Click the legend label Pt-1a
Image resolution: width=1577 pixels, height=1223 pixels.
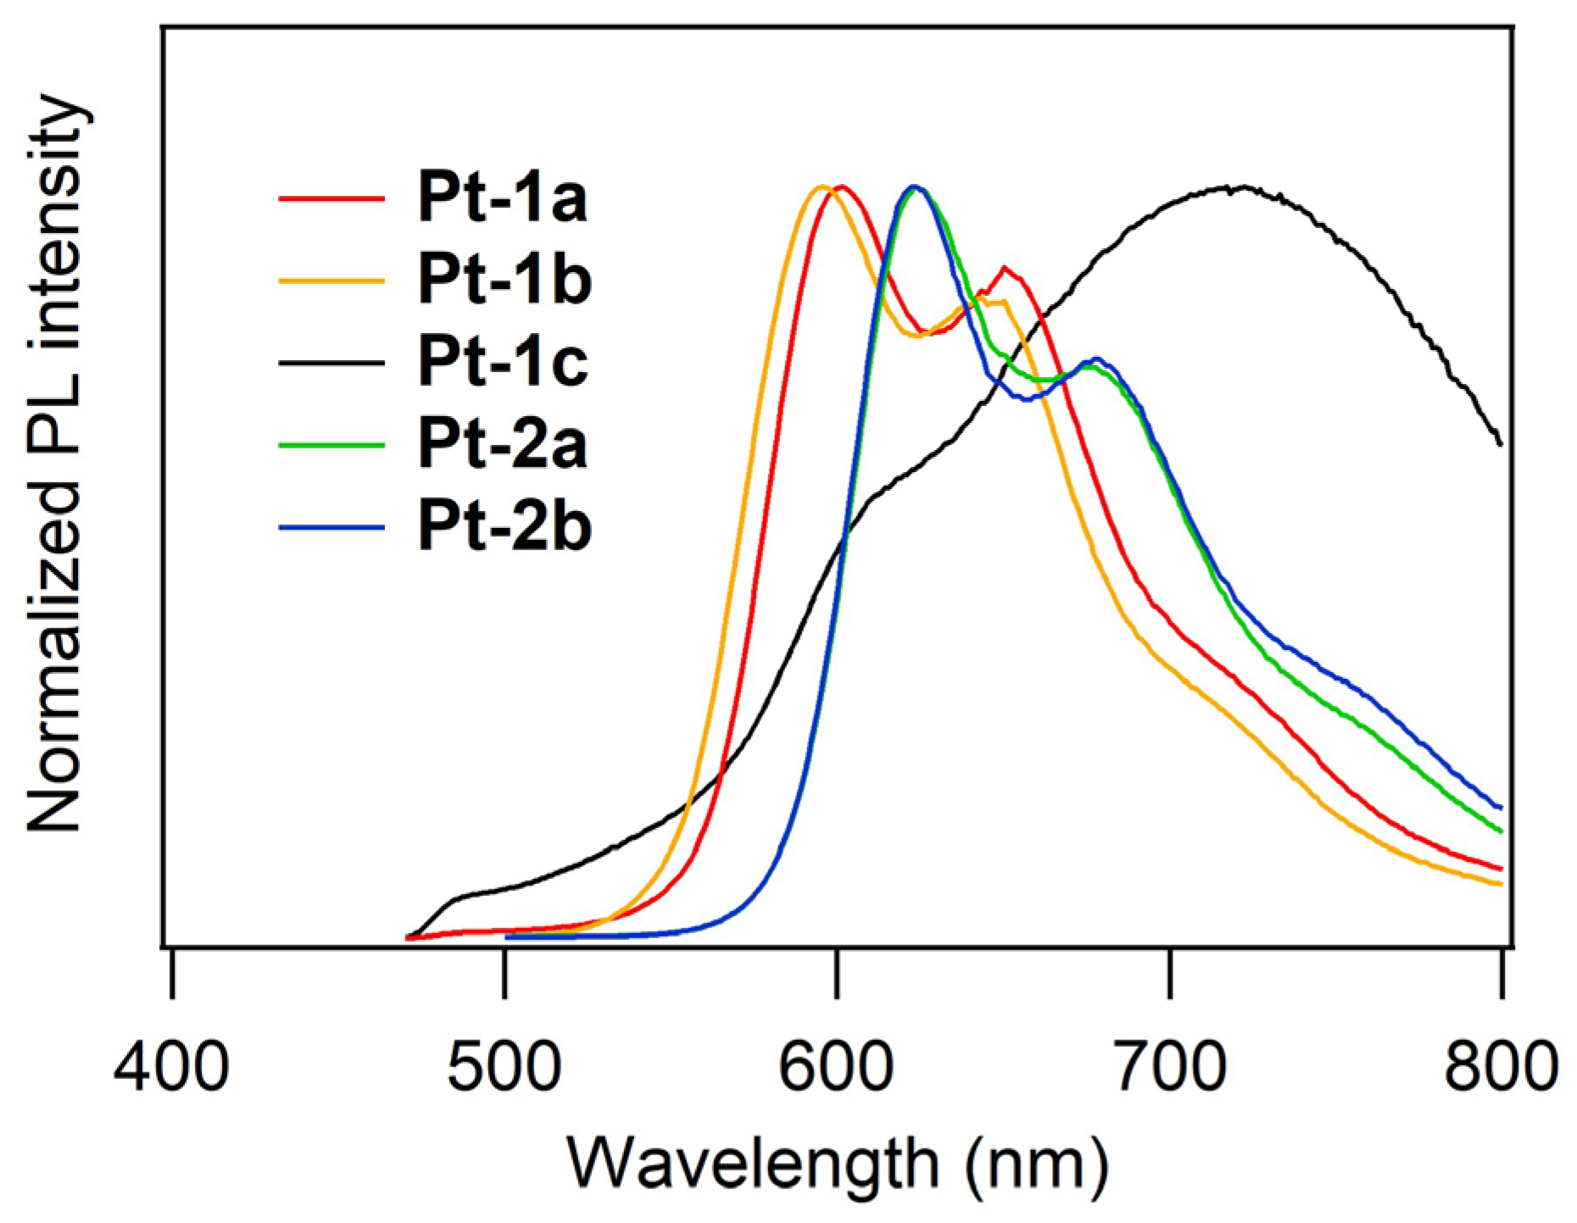pos(502,197)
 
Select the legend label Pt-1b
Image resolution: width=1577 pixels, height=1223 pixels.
pos(504,280)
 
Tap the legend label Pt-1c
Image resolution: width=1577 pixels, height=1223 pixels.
pos(502,362)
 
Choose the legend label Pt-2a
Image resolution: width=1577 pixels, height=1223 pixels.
pos(502,445)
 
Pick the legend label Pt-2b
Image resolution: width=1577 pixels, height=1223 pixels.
pos(504,527)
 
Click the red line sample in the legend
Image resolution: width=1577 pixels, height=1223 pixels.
pos(332,198)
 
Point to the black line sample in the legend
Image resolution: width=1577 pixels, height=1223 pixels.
pos(332,363)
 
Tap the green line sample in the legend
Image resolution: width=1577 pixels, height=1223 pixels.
pos(332,445)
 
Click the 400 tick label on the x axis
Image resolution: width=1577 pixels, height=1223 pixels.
pos(171,1066)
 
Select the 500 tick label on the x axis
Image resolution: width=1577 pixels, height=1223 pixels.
pos(504,1066)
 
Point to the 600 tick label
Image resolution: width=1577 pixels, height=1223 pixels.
pos(836,1066)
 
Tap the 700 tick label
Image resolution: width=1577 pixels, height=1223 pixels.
pos(1169,1066)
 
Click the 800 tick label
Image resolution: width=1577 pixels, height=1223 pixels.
pos(1501,1066)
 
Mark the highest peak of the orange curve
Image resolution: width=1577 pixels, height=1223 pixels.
pos(821,186)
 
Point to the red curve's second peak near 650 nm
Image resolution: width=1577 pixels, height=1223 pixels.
pos(1005,269)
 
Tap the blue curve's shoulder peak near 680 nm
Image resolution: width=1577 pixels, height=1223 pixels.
pos(1097,359)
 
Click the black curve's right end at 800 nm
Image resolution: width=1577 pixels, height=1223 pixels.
pos(1500,442)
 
